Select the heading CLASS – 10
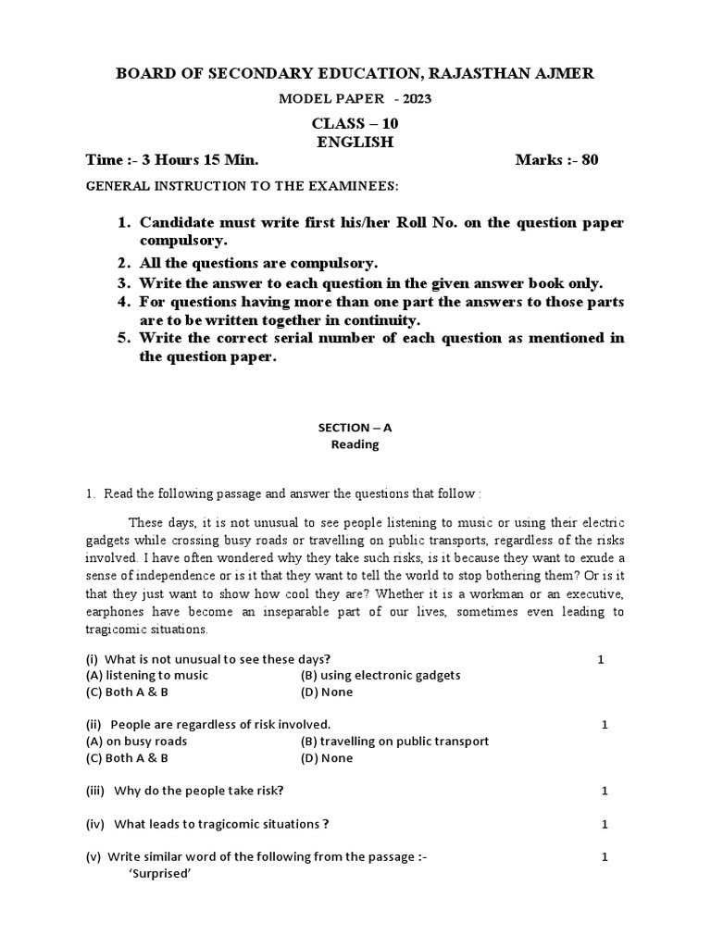point(355,123)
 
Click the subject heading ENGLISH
point(355,142)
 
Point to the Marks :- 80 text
point(556,160)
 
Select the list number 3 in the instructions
point(122,283)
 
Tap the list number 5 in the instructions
point(122,338)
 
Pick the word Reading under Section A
point(355,444)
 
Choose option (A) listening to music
point(147,675)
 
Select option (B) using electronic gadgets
point(380,675)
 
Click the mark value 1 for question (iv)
point(605,824)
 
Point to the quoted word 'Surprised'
point(159,873)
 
